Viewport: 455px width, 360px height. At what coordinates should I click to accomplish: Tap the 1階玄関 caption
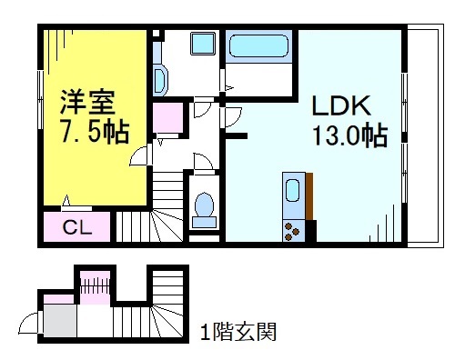pos(238,329)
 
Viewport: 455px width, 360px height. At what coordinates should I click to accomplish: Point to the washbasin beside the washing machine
pos(161,81)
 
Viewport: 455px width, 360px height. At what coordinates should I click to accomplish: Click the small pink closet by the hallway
pos(167,119)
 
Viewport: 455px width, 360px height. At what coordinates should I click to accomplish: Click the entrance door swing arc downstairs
pos(29,323)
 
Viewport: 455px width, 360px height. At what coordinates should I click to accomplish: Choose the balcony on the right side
pos(420,136)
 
